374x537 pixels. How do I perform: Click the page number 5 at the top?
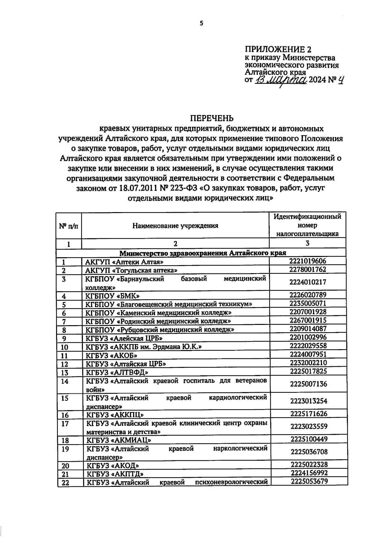click(201, 23)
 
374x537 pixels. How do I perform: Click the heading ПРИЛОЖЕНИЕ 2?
click(278, 50)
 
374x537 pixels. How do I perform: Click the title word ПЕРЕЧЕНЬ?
click(212, 118)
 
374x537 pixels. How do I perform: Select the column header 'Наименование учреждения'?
click(175, 226)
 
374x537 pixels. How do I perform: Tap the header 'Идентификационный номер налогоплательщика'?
click(307, 225)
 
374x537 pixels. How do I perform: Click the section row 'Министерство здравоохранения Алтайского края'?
click(201, 253)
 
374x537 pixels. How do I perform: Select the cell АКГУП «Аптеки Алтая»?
click(124, 262)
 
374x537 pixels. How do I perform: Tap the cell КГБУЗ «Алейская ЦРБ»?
click(124, 338)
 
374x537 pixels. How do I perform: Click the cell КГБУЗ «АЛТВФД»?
click(117, 372)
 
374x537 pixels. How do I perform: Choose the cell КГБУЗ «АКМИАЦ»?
click(119, 440)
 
